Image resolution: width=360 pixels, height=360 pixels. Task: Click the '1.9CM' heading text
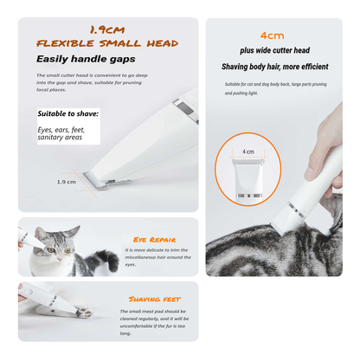click(x=106, y=28)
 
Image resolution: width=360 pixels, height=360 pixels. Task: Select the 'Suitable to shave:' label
click(x=68, y=113)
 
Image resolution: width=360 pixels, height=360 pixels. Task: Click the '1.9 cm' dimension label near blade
click(x=66, y=182)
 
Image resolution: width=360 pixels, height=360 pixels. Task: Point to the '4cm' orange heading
click(x=273, y=35)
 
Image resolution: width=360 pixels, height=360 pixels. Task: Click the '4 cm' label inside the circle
click(x=248, y=151)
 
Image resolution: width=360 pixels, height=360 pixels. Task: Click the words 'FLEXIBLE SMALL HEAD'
click(x=106, y=42)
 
